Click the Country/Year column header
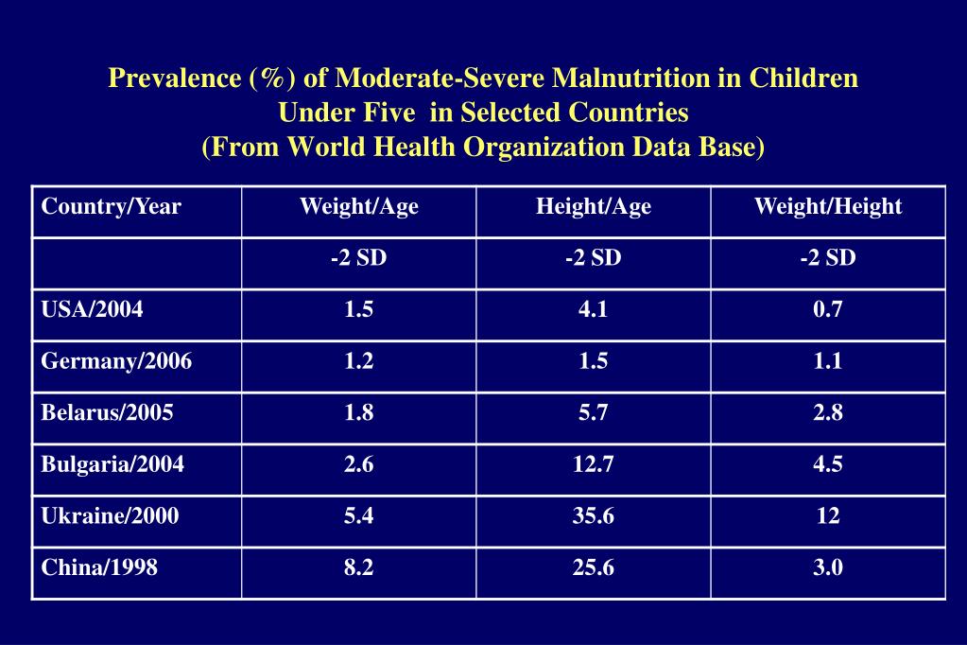(111, 207)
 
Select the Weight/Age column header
(358, 207)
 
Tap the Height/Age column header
(593, 207)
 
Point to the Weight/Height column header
(827, 207)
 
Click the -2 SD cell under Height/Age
(593, 258)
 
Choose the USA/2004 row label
(92, 310)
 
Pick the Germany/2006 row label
(116, 361)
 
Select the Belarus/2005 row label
(107, 413)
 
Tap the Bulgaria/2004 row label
(112, 464)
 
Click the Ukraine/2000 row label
(110, 516)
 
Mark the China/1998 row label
(99, 567)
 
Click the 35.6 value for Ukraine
(593, 516)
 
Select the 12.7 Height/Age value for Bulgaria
(593, 464)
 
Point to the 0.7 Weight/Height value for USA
(827, 310)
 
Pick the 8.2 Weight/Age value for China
(358, 567)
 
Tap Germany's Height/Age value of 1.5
(593, 361)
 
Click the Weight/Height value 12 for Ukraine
(827, 516)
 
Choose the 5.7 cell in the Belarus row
(593, 413)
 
